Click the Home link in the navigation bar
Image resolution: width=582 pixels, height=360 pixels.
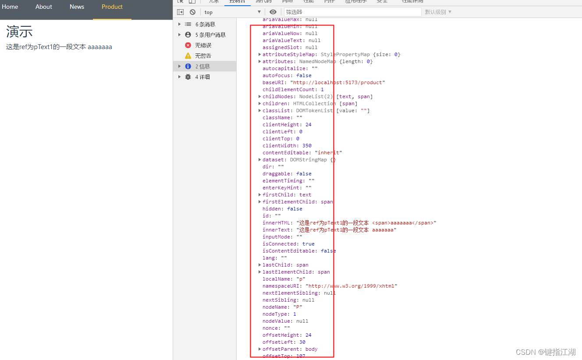coord(10,7)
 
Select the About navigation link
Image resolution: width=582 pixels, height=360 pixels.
coord(44,7)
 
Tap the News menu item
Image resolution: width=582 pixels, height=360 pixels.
coord(77,7)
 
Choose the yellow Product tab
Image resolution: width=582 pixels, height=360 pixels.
coord(112,7)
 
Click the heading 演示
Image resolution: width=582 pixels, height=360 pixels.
coord(19,32)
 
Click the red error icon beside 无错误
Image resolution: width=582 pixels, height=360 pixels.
coord(188,45)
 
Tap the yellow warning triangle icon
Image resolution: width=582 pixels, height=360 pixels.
coord(188,56)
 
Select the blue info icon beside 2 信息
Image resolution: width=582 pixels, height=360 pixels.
coord(188,66)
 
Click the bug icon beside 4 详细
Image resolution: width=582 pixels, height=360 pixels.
coord(188,77)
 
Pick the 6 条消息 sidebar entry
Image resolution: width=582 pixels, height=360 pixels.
coord(205,24)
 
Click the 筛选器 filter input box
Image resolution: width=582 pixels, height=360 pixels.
coord(352,12)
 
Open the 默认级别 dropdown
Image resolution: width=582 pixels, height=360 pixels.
coord(438,12)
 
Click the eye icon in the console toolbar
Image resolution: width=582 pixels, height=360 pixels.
coord(273,12)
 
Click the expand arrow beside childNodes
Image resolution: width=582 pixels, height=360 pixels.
coord(260,96)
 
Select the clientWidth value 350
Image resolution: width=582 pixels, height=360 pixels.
coord(307,146)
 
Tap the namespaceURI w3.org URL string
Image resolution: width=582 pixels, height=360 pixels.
coord(351,286)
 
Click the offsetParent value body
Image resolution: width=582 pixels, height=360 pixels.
coord(311,349)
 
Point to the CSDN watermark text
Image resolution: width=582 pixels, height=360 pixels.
coord(546,352)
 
